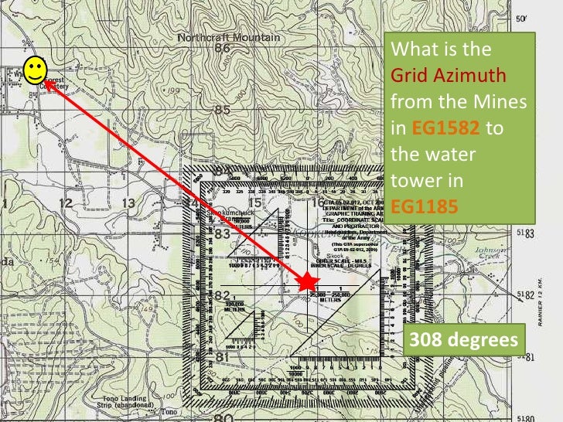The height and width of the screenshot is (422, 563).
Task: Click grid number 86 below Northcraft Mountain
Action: click(223, 49)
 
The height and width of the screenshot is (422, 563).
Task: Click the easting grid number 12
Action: click(65, 203)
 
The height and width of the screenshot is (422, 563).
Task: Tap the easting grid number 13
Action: click(128, 203)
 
